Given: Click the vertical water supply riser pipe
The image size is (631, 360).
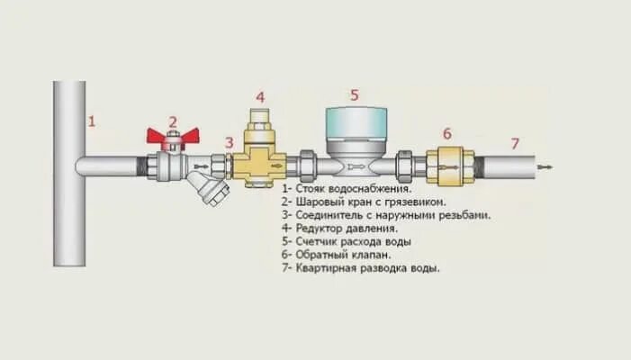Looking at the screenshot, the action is pos(68,207).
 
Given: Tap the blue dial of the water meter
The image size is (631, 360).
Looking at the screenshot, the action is pos(355,121).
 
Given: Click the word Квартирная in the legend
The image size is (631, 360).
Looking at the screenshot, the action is pos(325,268).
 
